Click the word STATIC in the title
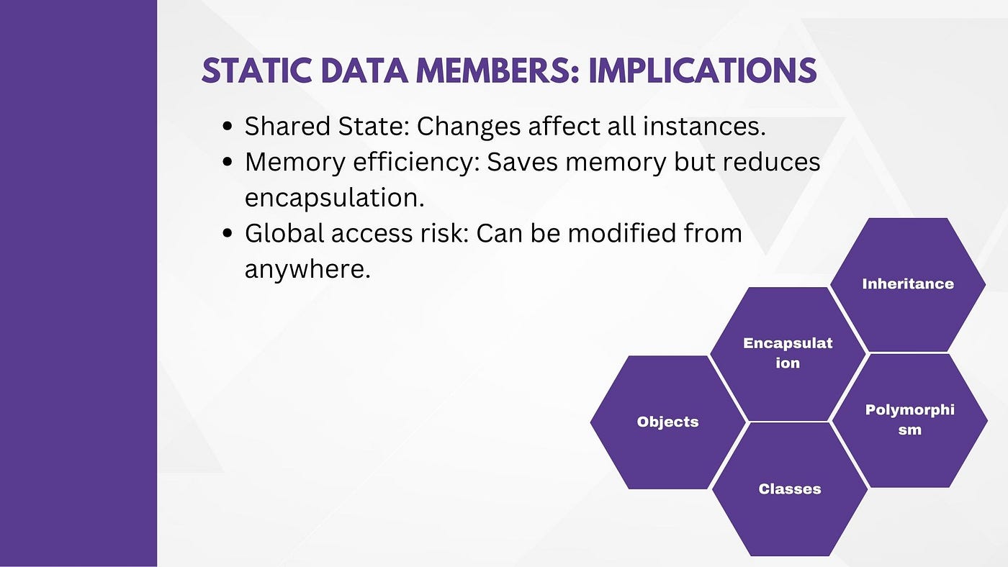point(256,71)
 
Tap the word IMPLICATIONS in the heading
point(703,71)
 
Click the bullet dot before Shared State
point(228,127)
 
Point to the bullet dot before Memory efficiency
point(228,162)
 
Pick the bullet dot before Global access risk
point(228,233)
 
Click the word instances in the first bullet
point(704,127)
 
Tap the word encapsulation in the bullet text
point(334,199)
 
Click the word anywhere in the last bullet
point(307,270)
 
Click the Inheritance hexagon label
point(908,283)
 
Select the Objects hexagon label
point(668,422)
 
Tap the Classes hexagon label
point(790,489)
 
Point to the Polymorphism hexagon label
point(909,419)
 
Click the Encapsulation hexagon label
point(788,353)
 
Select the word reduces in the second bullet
point(771,162)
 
